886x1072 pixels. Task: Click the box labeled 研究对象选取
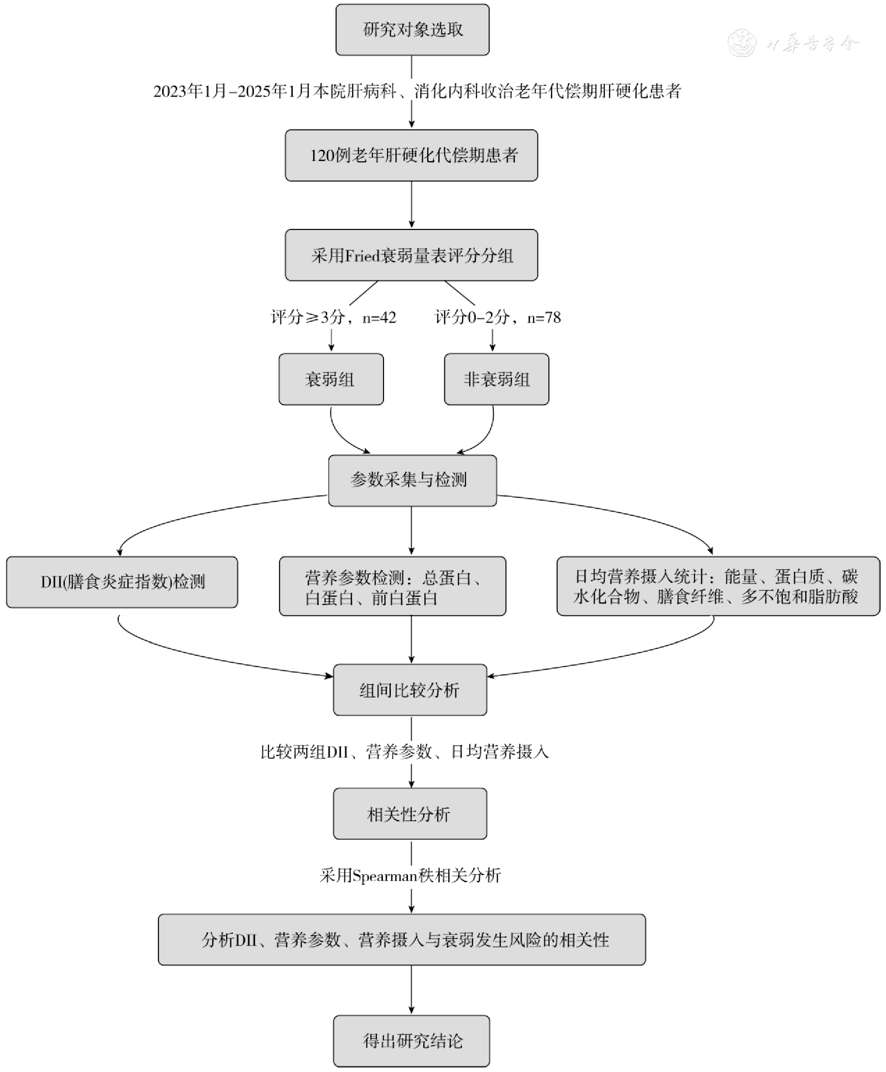412,30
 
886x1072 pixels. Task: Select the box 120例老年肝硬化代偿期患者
411,155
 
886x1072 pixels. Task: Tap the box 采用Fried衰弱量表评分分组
411,255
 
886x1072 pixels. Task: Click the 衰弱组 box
331,379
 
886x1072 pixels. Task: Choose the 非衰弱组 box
497,379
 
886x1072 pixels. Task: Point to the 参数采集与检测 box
412,480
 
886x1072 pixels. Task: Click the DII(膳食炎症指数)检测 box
122,582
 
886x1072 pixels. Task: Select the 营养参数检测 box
393,586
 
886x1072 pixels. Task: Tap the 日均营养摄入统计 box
718,586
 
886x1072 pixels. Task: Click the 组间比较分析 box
410,690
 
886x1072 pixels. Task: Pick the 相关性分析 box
410,814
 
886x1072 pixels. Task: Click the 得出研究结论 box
411,1041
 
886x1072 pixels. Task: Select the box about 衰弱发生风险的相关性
402,939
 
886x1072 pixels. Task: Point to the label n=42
379,317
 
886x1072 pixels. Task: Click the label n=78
544,317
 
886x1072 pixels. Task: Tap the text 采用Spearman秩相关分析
410,875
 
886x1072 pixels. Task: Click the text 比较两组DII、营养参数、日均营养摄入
404,752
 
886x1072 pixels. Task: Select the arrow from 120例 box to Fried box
411,204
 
